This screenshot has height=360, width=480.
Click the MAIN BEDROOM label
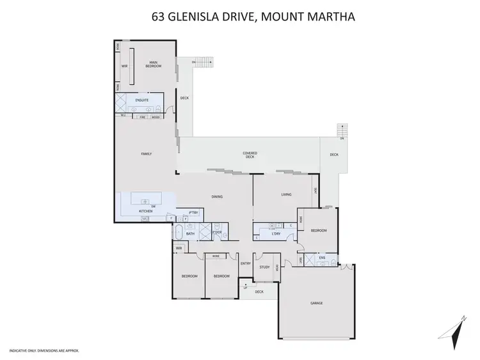151,63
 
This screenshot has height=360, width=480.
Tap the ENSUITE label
142,100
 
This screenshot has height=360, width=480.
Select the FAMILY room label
147,154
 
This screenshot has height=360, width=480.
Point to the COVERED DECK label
250,155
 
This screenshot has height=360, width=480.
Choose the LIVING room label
287,194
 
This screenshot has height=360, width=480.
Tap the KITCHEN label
146,211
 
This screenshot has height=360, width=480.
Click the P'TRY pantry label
193,212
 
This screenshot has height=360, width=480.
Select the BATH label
190,234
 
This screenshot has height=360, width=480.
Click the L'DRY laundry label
276,234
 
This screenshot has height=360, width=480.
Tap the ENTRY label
245,263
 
